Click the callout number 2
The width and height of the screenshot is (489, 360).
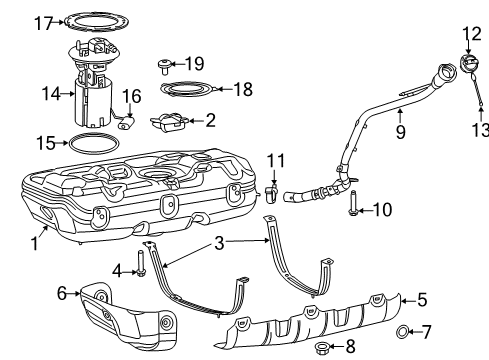coord(210,121)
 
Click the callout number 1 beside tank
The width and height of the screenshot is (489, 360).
coord(37,241)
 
